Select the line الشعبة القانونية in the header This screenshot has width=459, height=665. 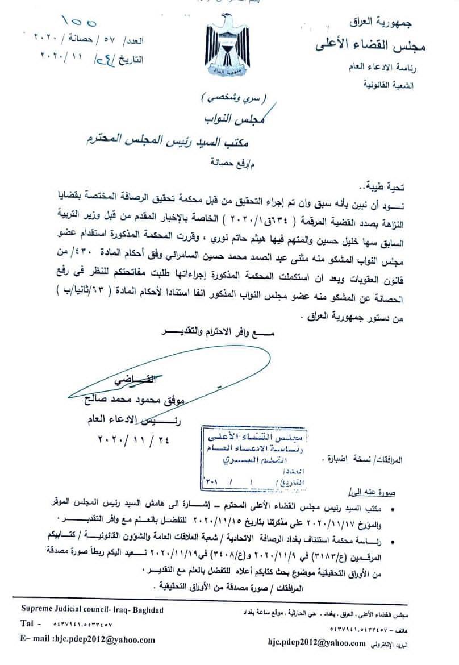[387, 85]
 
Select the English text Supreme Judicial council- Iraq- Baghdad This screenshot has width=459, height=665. [92, 609]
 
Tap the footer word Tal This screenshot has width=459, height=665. [29, 624]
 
